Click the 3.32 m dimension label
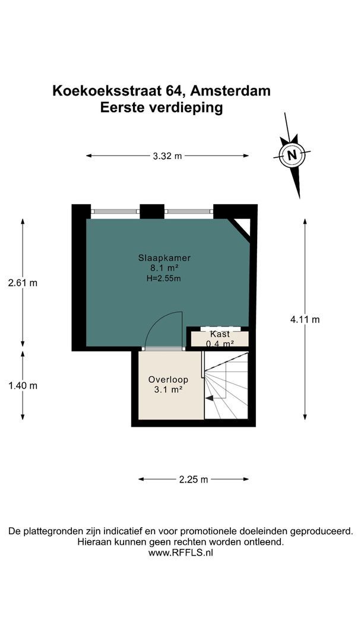point(167,156)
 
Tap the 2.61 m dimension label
point(23,283)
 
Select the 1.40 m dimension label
point(23,385)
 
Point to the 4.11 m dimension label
point(305,320)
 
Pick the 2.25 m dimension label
point(194,480)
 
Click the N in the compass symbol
point(292,155)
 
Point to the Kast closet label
point(220,334)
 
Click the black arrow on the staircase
point(209,398)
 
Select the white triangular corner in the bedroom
point(242,226)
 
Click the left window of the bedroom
point(115,211)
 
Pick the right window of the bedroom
point(189,211)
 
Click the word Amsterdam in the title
point(232,91)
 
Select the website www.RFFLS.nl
point(180,553)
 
